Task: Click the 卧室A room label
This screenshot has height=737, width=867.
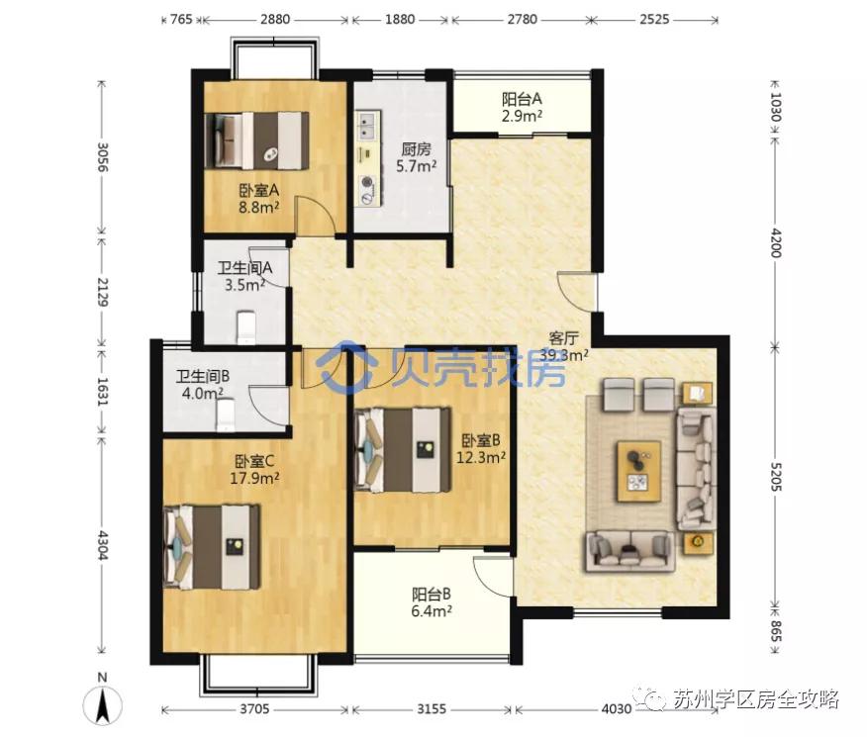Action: [x=258, y=191]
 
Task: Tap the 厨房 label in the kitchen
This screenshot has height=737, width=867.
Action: [x=416, y=149]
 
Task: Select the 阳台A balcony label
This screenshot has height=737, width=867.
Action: [x=522, y=100]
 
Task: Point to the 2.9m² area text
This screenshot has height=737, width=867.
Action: [x=522, y=116]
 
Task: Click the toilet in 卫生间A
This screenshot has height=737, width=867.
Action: [x=246, y=327]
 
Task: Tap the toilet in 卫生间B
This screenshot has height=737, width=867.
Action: [x=226, y=415]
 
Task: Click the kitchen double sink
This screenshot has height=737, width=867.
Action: [x=368, y=125]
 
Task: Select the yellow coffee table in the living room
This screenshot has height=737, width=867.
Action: [x=639, y=471]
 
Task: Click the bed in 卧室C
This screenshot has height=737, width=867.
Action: [x=213, y=546]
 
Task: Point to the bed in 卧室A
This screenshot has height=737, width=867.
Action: [x=256, y=140]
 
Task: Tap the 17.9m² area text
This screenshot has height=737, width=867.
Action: [x=254, y=478]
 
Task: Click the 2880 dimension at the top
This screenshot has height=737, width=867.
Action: [x=275, y=20]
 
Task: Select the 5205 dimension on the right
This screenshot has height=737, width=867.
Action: [x=775, y=479]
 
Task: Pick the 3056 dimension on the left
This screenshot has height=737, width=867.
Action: [x=102, y=157]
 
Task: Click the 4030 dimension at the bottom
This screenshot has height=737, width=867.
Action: [x=616, y=709]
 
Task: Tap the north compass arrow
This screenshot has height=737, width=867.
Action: [x=102, y=705]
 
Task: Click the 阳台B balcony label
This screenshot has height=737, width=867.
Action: [x=432, y=595]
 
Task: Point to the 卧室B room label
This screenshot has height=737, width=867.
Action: [x=481, y=440]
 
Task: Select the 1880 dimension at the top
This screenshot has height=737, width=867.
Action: [x=400, y=20]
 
